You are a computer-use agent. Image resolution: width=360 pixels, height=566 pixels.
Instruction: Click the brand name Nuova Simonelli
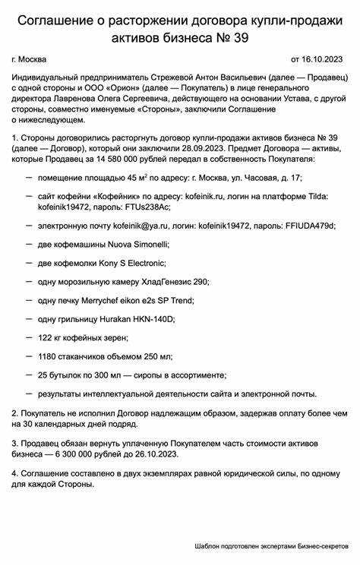tap(137, 244)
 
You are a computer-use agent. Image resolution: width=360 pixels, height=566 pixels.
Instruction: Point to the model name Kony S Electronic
tap(131, 263)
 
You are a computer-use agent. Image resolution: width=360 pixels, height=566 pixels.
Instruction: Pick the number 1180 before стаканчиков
tap(47, 356)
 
